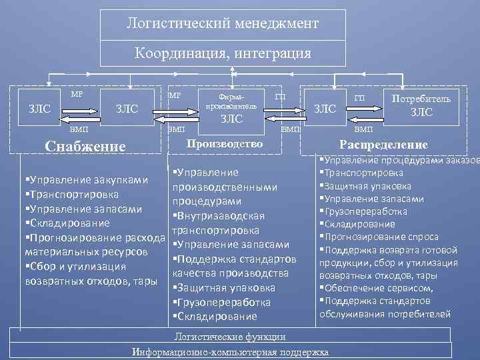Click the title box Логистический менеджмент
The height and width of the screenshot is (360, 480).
(x=223, y=24)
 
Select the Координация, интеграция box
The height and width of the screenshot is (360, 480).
(x=223, y=53)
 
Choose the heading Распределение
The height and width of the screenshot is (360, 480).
(x=383, y=145)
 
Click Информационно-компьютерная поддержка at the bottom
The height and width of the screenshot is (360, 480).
(x=230, y=351)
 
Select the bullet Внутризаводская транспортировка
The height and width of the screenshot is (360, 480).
(x=219, y=223)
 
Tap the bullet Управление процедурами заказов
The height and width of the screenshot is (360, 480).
(x=397, y=160)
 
